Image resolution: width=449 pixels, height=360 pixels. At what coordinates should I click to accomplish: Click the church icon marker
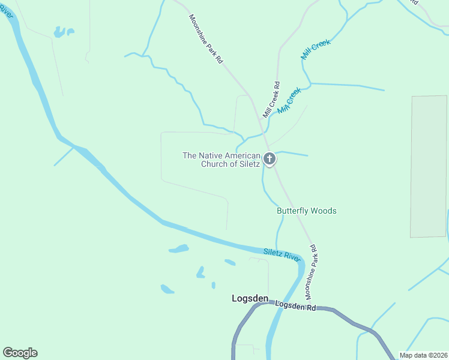270,159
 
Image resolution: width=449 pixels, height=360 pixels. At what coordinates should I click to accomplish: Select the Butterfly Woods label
306,211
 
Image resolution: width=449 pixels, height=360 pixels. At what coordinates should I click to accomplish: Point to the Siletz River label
282,254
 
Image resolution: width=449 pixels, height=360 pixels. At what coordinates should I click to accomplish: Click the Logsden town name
250,298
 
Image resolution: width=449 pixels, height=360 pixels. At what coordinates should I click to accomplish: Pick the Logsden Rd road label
295,305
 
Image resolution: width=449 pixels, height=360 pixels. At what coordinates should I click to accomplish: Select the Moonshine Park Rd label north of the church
206,40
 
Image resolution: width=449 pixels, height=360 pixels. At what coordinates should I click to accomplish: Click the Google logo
20,353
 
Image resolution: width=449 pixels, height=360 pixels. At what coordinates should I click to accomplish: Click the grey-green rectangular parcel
429,166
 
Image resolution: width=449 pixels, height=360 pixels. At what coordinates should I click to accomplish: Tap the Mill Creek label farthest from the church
316,49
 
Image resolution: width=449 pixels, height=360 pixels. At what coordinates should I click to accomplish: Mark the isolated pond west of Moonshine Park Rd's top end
62,32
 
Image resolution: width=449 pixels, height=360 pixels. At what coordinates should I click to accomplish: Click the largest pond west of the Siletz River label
178,248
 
